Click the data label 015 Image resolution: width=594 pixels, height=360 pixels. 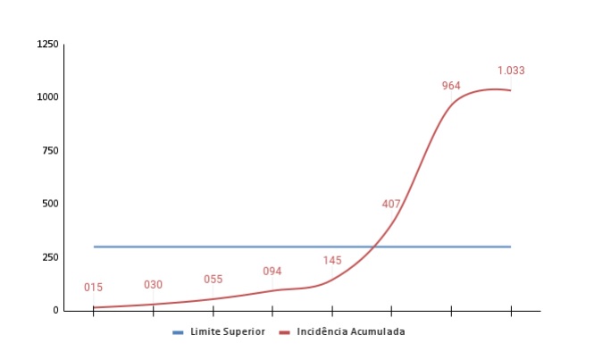94,288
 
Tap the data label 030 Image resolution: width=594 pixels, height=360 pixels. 154,285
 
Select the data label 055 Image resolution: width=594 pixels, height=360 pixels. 213,280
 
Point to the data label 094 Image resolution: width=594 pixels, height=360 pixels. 272,272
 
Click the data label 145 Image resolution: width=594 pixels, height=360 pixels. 332,261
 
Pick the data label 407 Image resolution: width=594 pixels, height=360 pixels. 391,204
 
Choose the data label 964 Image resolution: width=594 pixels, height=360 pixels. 451,86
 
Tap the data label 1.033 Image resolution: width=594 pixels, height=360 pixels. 511,71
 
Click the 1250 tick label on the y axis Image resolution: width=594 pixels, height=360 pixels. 48,45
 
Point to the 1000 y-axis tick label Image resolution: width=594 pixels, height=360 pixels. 48,97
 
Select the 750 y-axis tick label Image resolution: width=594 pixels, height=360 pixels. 52,150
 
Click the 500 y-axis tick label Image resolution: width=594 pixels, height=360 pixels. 52,204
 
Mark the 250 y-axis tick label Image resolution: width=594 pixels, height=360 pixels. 52,257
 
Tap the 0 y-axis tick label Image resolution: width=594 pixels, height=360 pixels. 56,310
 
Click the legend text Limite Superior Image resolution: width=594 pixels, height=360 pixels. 227,332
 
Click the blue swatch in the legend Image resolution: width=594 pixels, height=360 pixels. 179,332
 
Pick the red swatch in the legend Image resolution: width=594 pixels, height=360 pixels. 285,332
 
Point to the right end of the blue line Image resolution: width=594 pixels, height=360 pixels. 510,247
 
